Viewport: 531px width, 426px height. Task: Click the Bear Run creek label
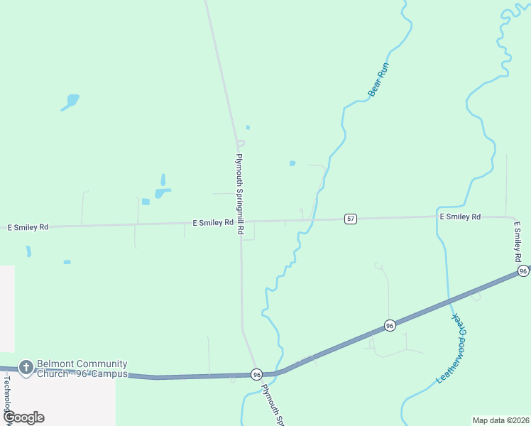click(379, 79)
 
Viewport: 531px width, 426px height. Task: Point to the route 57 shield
click(351, 219)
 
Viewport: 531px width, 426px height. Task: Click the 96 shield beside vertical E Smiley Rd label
click(523, 271)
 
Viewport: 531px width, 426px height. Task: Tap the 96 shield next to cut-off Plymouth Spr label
click(256, 374)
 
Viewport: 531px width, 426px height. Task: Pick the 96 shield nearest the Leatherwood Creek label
click(390, 325)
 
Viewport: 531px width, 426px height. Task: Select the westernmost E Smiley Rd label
click(28, 227)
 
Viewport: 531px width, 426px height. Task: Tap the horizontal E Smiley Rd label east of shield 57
click(460, 217)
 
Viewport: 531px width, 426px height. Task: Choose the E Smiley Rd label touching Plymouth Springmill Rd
click(213, 222)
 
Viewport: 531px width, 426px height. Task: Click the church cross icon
click(26, 367)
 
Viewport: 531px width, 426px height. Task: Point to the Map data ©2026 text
click(500, 420)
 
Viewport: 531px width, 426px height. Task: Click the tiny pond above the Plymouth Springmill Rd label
click(248, 127)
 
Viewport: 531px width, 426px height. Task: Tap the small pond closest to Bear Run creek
click(292, 163)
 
